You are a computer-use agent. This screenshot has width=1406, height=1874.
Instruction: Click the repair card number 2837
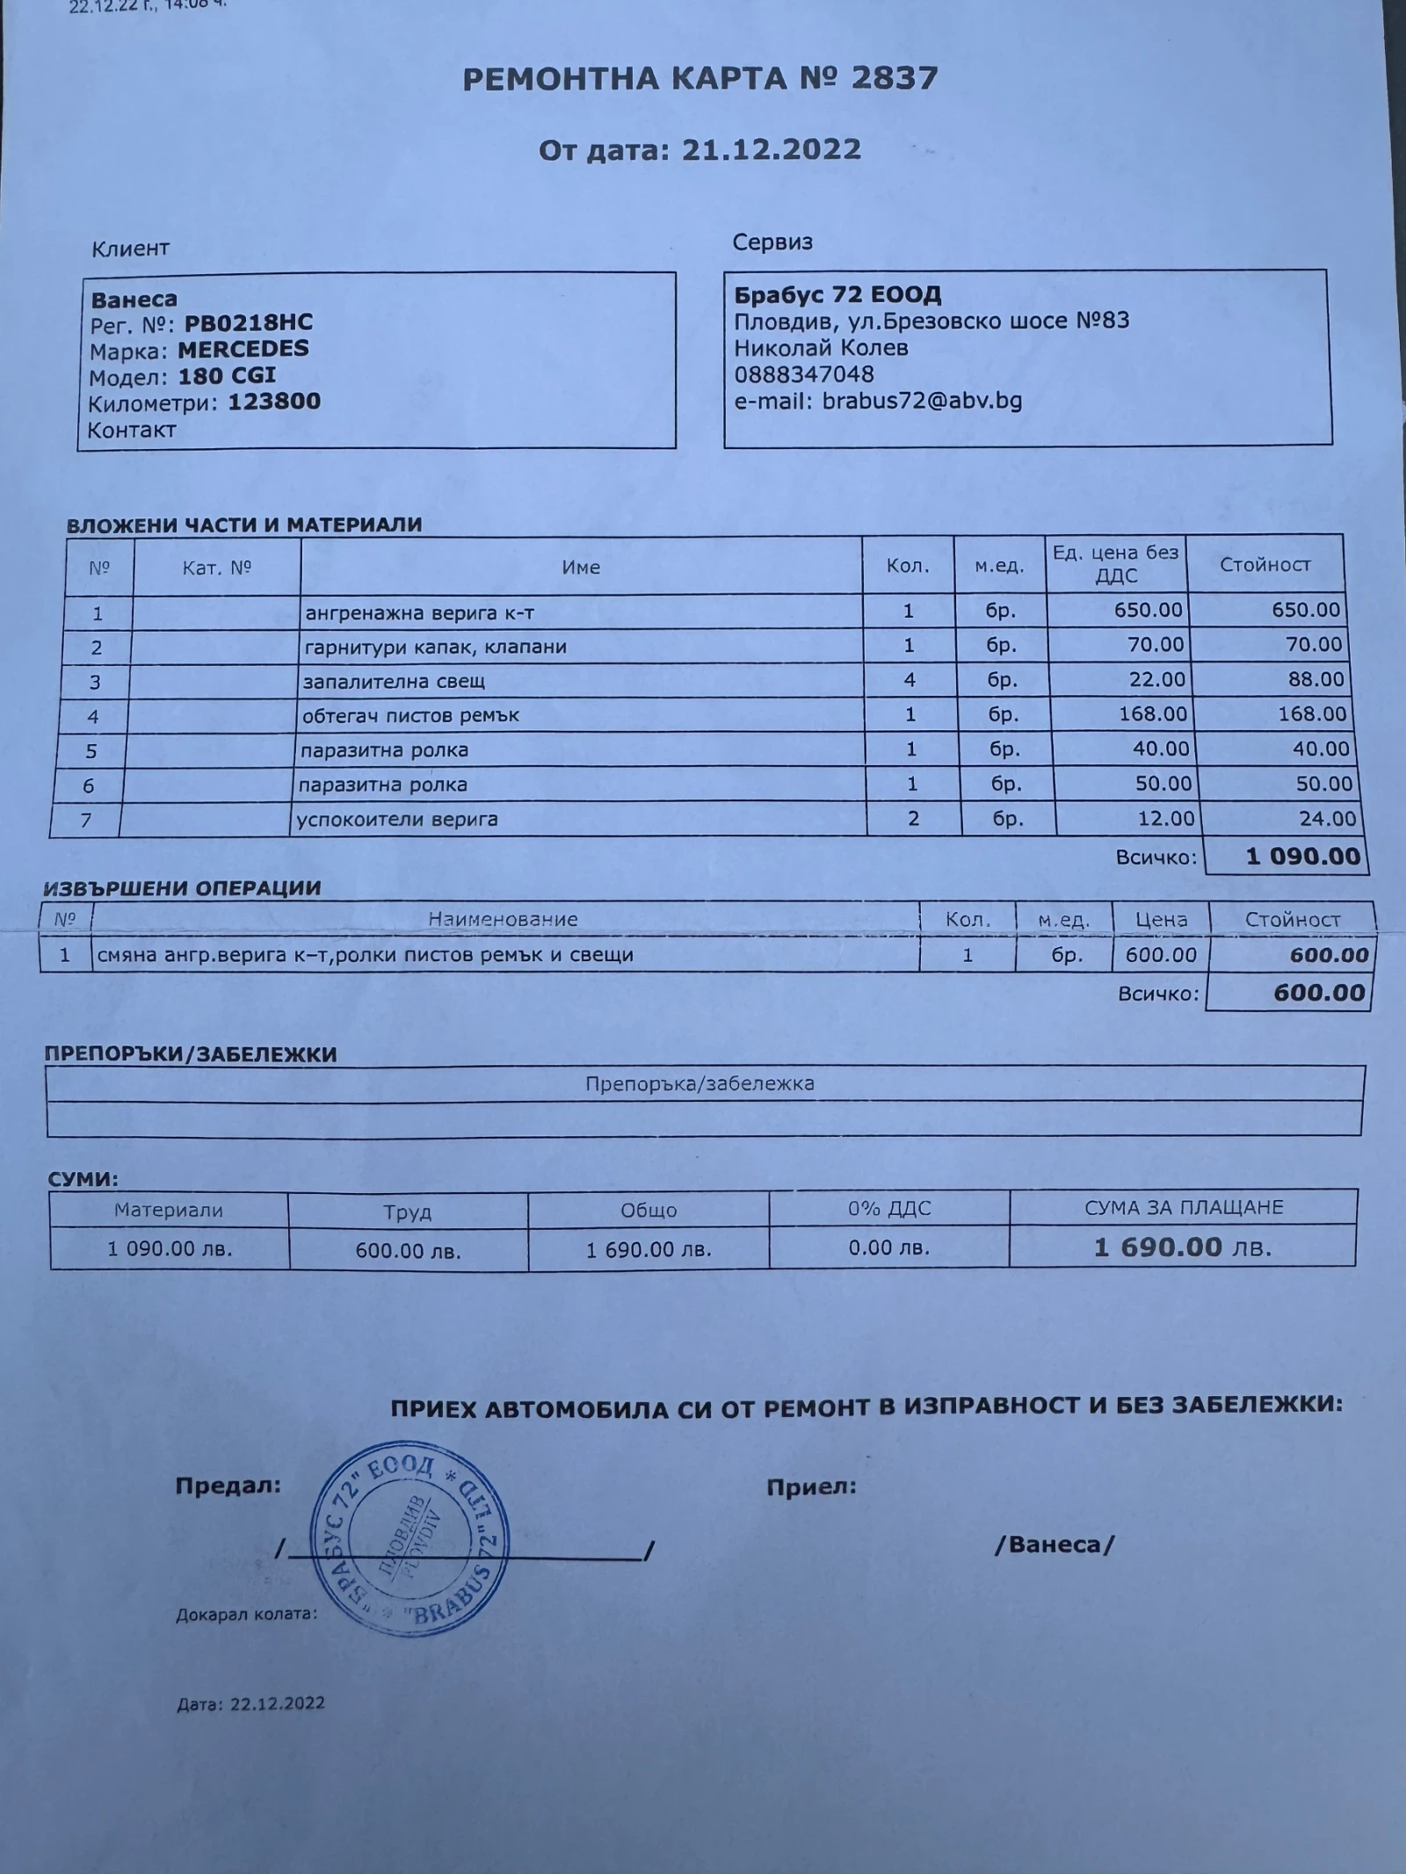click(x=895, y=79)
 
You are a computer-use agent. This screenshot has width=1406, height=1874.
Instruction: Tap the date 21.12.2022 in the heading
click(x=772, y=149)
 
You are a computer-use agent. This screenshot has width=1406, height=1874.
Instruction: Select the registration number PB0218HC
click(x=248, y=323)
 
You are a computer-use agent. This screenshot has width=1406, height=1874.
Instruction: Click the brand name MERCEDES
click(x=243, y=349)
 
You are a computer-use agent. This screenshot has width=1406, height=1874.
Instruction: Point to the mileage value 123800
click(x=274, y=402)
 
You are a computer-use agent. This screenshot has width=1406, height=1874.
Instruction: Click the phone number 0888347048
click(x=804, y=374)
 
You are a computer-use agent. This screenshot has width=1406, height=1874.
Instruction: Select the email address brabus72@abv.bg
click(x=922, y=401)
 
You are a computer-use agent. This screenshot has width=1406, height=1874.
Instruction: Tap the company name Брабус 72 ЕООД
click(x=837, y=294)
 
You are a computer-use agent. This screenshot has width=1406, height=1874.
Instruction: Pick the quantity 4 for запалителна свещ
click(x=910, y=680)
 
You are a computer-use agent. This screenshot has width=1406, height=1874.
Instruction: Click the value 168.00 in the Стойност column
click(x=1312, y=714)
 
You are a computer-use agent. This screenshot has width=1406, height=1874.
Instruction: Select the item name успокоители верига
click(x=397, y=820)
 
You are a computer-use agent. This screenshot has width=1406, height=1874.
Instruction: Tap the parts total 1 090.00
click(x=1302, y=857)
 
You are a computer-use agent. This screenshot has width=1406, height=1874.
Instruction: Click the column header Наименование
click(x=503, y=920)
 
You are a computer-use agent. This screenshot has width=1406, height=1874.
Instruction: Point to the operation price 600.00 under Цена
click(x=1161, y=955)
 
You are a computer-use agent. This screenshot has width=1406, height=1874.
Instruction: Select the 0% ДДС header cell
click(x=888, y=1209)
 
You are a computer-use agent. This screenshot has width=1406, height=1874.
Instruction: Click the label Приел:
click(x=811, y=1487)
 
